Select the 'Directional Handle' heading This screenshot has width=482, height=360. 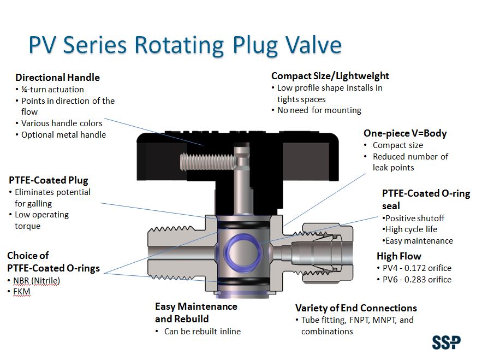(57, 78)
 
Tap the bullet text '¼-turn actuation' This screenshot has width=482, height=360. (52, 89)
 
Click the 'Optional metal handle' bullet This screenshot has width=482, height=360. (63, 134)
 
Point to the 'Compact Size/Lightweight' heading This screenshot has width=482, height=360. (330, 76)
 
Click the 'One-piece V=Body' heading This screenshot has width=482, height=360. (404, 133)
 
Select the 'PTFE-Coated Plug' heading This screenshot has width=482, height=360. (48, 180)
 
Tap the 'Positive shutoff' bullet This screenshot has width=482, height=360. (414, 218)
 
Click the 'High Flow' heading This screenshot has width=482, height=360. (398, 256)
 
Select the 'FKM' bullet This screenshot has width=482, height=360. (22, 292)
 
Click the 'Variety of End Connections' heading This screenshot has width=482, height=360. (355, 308)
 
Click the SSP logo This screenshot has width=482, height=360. (446, 343)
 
